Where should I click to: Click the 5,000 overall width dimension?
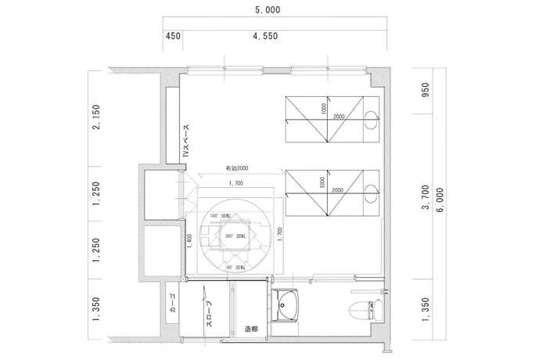pyautogui.click(x=267, y=10)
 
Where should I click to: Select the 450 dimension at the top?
pyautogui.click(x=174, y=36)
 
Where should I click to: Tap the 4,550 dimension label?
pyautogui.click(x=267, y=36)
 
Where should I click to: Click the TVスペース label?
pyautogui.click(x=186, y=142)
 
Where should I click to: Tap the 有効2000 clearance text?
pyautogui.click(x=237, y=169)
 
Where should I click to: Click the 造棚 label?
pyautogui.click(x=250, y=329)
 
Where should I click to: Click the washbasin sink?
pyautogui.click(x=289, y=306)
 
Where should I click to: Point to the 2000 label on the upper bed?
pyautogui.click(x=337, y=117)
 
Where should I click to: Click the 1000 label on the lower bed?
pyautogui.click(x=321, y=182)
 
